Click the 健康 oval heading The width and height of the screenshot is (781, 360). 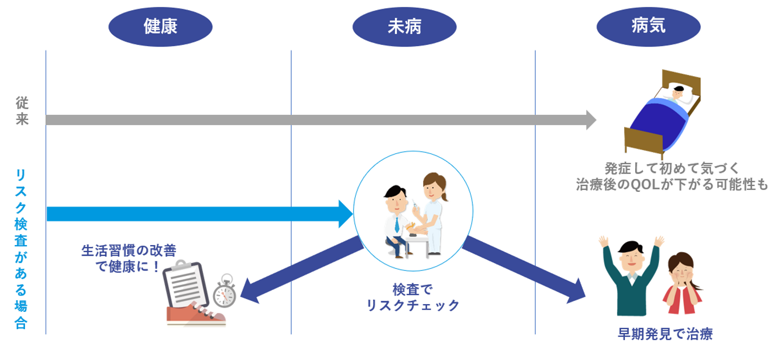161,26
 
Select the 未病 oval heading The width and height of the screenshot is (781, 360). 404,26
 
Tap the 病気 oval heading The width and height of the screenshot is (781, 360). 648,26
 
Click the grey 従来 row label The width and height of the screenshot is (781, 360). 22,112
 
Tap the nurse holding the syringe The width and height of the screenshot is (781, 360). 431,209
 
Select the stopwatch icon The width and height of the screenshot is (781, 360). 224,293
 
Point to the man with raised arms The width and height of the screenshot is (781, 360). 630,274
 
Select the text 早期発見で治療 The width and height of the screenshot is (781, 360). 665,334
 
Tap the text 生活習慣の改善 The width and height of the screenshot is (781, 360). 129,250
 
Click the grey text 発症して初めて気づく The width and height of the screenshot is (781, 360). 672,168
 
